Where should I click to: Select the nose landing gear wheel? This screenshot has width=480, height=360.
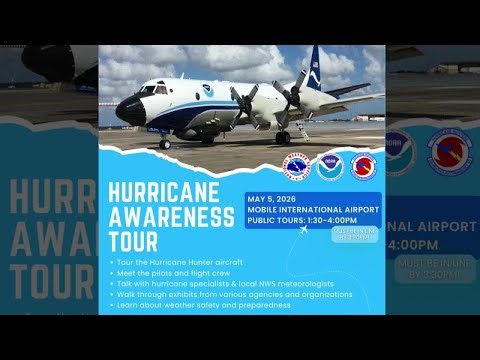tap(164, 144)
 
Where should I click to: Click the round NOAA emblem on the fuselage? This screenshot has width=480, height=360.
tap(207, 91)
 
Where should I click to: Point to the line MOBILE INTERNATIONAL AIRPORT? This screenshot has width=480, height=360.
tap(313, 210)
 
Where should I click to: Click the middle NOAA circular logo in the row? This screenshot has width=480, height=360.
tap(330, 166)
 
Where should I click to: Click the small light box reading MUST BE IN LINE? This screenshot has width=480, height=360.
tap(350, 235)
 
